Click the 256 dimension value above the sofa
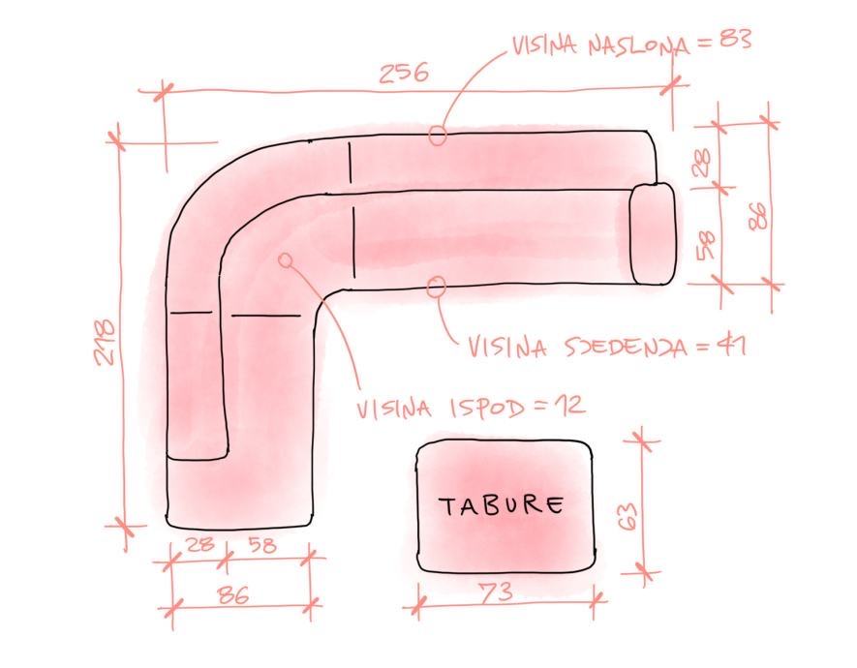tap(403, 74)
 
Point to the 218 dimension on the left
tap(106, 342)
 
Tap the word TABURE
tap(502, 505)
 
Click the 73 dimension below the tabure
tap(496, 592)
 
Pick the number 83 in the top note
tap(733, 40)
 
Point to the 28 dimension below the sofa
tap(200, 545)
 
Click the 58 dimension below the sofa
tap(262, 545)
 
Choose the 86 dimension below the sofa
tap(232, 595)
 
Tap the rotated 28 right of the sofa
tap(703, 160)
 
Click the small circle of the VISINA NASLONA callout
tap(438, 136)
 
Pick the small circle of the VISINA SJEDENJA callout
tap(437, 285)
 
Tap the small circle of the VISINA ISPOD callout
tap(286, 259)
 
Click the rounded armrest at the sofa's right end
tap(652, 233)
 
